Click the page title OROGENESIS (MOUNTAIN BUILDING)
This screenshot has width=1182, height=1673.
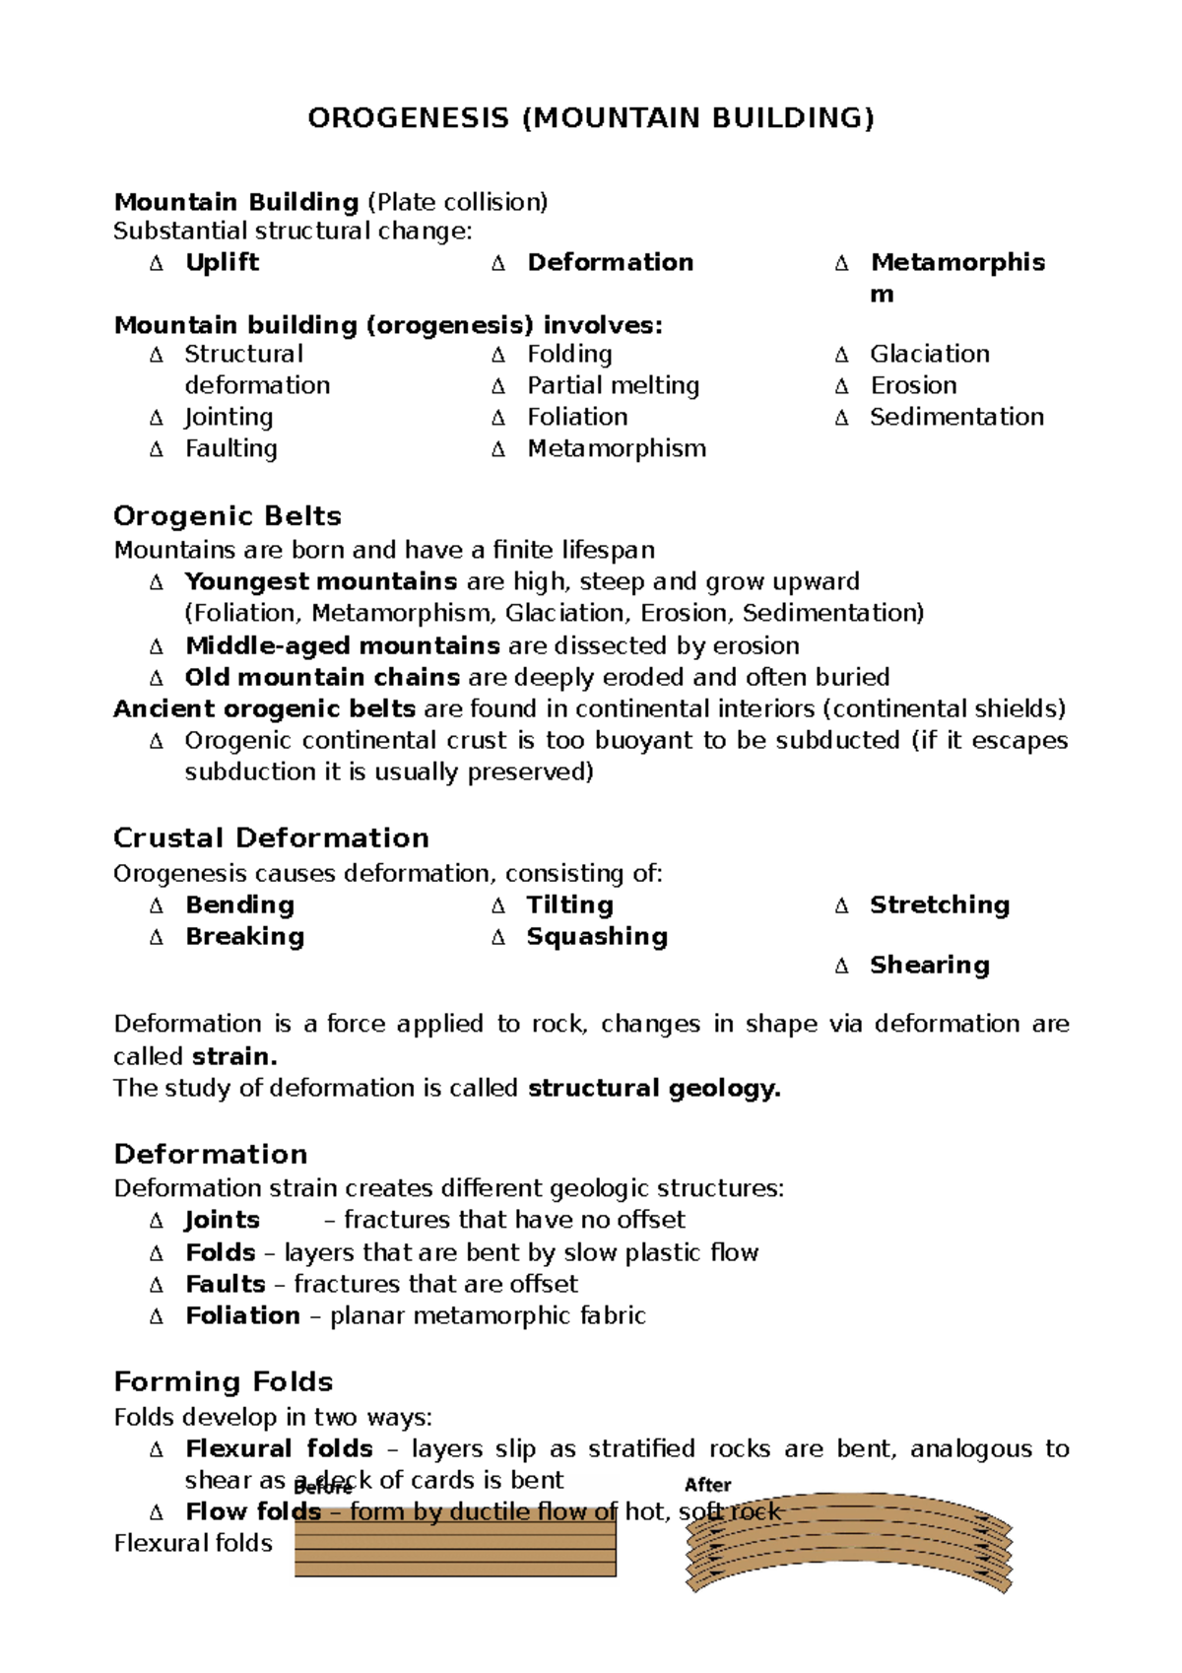click(590, 118)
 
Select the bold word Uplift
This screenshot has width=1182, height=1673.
click(222, 262)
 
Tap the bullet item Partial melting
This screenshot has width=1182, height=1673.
click(613, 385)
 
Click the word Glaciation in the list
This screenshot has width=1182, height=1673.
click(929, 354)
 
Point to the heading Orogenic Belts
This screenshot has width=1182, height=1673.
click(228, 515)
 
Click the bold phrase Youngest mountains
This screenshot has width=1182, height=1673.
click(320, 581)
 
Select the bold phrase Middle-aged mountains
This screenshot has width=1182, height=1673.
click(342, 645)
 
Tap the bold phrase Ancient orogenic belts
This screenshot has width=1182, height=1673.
click(264, 708)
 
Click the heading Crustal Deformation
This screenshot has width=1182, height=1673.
click(271, 837)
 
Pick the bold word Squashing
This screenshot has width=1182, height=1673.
click(596, 936)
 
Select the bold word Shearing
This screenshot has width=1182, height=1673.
click(929, 965)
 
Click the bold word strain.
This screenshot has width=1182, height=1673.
click(233, 1056)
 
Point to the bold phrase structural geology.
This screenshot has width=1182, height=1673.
click(654, 1088)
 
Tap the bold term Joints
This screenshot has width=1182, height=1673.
click(222, 1220)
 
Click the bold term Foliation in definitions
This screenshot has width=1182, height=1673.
click(242, 1315)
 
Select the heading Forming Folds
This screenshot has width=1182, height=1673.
click(223, 1381)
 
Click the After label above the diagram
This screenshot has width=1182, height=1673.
click(707, 1485)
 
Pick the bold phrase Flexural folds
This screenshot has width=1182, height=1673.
click(279, 1448)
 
